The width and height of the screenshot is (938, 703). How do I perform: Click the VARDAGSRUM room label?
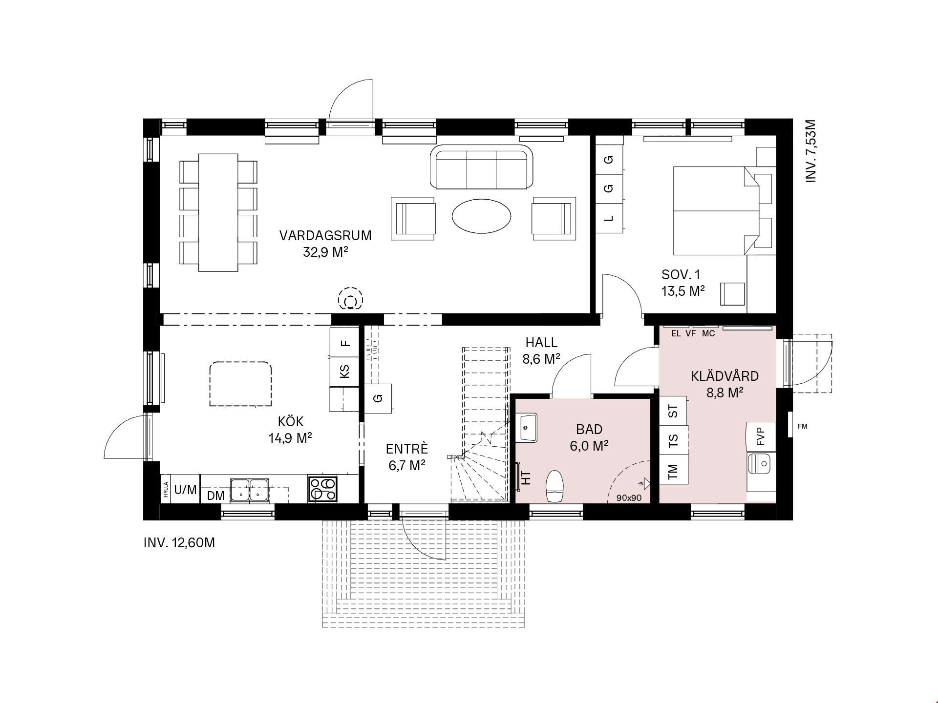click(x=325, y=235)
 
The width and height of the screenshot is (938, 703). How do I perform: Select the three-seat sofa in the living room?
click(x=482, y=166)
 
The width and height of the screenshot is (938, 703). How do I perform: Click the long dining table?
click(x=218, y=212)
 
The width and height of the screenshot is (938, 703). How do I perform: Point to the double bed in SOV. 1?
click(x=716, y=210)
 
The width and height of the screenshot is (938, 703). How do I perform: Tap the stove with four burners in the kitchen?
click(x=322, y=489)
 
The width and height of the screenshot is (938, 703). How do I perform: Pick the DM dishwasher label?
click(x=216, y=496)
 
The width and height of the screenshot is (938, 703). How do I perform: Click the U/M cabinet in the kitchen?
click(x=185, y=489)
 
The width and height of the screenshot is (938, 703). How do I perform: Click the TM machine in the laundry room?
click(x=673, y=472)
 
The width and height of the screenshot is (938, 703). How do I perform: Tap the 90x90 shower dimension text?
click(x=629, y=498)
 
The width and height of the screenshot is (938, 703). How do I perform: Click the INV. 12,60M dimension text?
click(x=179, y=543)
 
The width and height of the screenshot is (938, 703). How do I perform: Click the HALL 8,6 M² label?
click(x=541, y=351)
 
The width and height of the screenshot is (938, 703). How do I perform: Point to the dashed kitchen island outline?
click(x=240, y=384)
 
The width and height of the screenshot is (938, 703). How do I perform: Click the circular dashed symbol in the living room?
click(x=350, y=298)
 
